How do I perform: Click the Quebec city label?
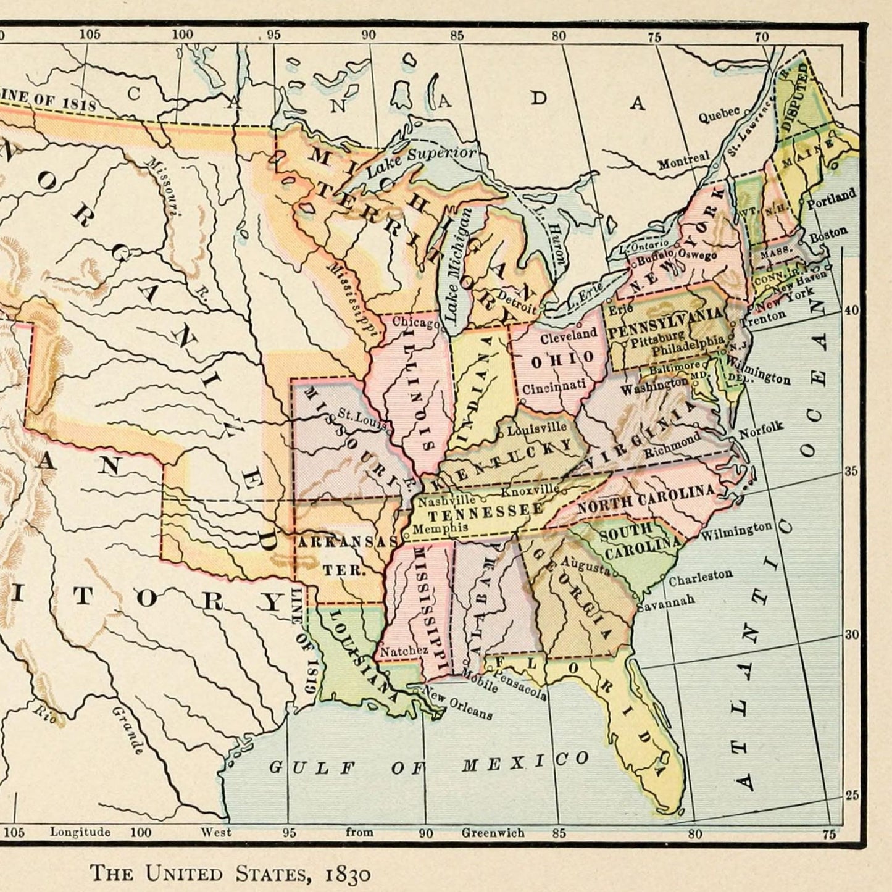[x=719, y=115]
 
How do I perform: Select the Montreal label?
[x=683, y=162]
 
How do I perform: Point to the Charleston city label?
[x=701, y=577]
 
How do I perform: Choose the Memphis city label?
[x=440, y=529]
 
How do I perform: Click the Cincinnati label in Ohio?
[x=554, y=388]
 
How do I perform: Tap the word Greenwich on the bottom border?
[x=493, y=833]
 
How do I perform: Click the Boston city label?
[x=828, y=235]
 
